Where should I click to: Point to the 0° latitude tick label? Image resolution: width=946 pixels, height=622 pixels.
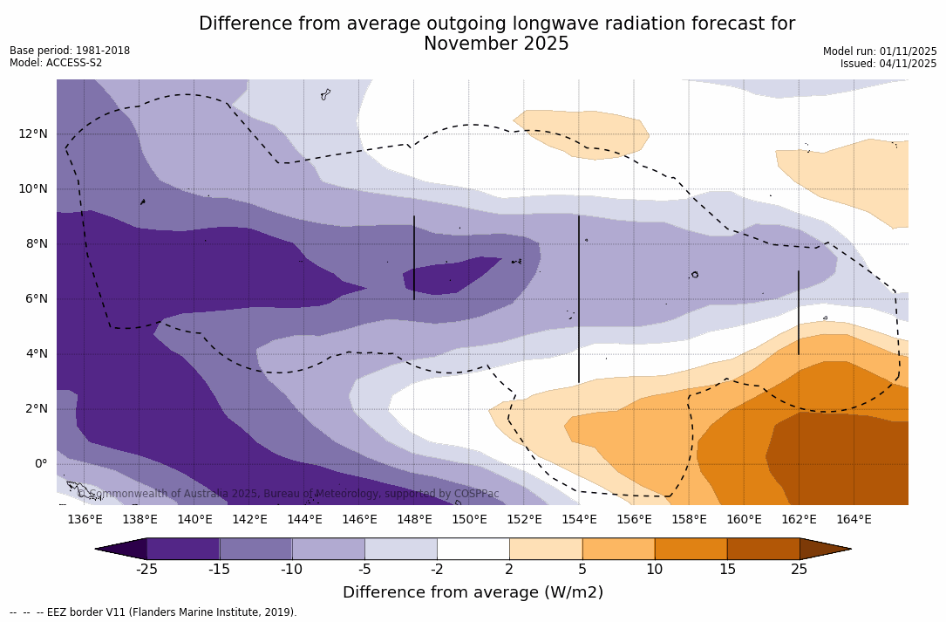pos(40,463)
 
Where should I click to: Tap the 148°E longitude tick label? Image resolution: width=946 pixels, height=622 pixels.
pos(414,520)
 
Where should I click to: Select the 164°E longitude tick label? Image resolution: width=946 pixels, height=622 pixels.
pos(854,520)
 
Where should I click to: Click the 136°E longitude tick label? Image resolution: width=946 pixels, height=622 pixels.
pos(85,520)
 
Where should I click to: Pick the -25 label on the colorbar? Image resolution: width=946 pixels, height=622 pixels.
pos(146,570)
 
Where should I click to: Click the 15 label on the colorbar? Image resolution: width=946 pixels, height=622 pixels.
pos(726,570)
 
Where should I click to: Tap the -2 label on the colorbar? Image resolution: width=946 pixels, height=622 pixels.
pos(437,570)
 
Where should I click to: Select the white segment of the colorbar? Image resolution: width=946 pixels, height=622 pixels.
pos(473,549)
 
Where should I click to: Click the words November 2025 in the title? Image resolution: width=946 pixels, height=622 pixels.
pos(496,44)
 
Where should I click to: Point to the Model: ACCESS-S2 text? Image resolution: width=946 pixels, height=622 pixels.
pos(56,63)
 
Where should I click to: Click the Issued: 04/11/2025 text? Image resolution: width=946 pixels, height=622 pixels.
pos(888,64)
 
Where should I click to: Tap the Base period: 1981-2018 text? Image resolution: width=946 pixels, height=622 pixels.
pos(70,51)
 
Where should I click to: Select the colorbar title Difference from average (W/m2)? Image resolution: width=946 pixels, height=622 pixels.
pos(473,592)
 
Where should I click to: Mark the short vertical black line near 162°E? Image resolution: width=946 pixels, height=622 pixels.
pos(798,312)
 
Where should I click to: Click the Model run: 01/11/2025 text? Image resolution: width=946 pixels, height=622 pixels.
pos(880,51)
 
